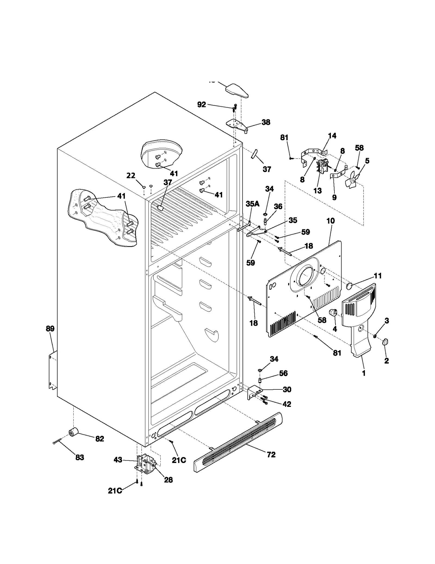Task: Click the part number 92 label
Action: pyautogui.click(x=201, y=105)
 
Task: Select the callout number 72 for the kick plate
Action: pyautogui.click(x=271, y=455)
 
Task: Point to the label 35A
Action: pyautogui.click(x=253, y=204)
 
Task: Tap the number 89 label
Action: pyautogui.click(x=50, y=329)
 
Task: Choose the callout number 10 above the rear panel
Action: pyautogui.click(x=331, y=221)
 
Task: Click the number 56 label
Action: pyautogui.click(x=283, y=373)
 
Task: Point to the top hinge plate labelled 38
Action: pyautogui.click(x=237, y=125)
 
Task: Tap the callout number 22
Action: pyautogui.click(x=131, y=176)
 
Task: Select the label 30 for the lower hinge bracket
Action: pyautogui.click(x=287, y=389)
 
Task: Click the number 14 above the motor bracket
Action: pyautogui.click(x=332, y=136)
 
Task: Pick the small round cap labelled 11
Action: pyautogui.click(x=349, y=286)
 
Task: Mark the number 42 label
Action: pyautogui.click(x=287, y=404)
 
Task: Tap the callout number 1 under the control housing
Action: pyautogui.click(x=364, y=373)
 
